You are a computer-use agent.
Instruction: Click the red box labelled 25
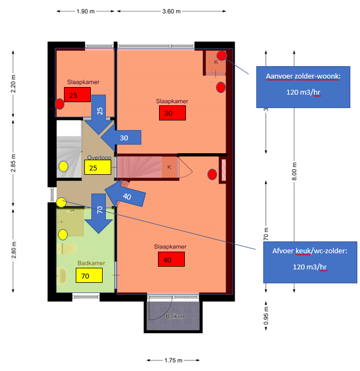pos(77,95)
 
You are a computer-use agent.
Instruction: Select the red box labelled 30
pos(172,113)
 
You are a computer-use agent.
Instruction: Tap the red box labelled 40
pos(171,260)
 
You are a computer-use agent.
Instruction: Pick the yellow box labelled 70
pos(89,276)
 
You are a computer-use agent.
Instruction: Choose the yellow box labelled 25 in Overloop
pos(97,168)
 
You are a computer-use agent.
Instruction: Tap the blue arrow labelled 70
pos(99,212)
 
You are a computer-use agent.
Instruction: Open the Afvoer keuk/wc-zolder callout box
pos(309,261)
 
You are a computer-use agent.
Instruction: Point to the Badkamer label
pos(91,263)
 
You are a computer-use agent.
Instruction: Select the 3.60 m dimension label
pos(171,11)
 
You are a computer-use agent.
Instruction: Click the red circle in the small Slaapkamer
pos(61,103)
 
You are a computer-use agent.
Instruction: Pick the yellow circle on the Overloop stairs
pos(63,167)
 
